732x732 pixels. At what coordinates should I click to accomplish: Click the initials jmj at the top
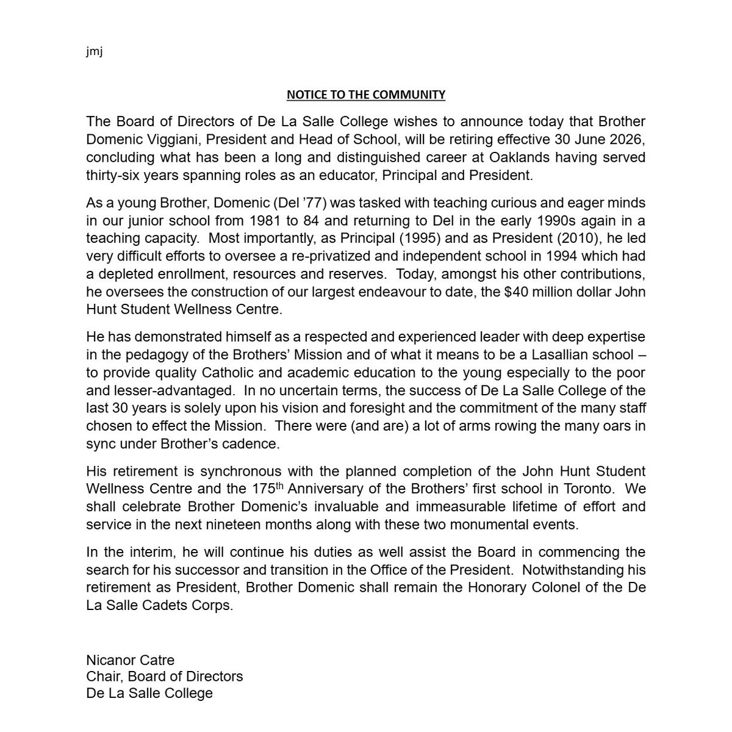[x=95, y=52]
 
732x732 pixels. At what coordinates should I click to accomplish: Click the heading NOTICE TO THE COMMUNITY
[x=366, y=95]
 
